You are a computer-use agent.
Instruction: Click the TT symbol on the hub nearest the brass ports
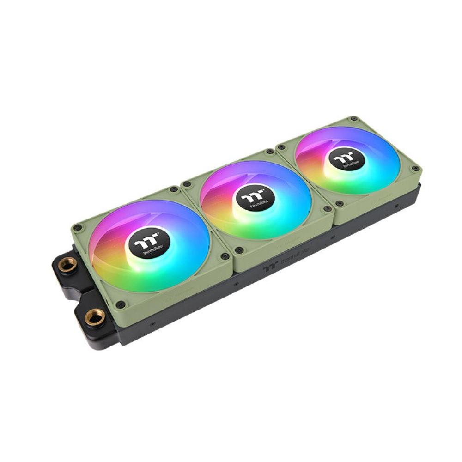(146, 241)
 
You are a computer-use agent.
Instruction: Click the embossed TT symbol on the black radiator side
(270, 267)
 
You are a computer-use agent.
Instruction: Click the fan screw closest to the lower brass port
(121, 304)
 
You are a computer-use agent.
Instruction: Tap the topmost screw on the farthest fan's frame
(353, 118)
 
